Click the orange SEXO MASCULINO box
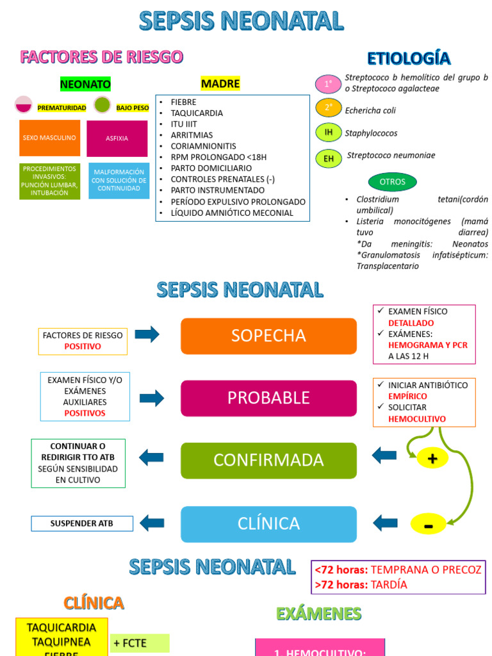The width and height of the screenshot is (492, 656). (49, 138)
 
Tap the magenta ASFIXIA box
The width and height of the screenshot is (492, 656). (117, 138)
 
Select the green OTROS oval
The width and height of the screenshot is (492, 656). (392, 182)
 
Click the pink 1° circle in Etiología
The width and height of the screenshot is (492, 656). (328, 84)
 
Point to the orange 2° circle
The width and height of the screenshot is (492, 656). (328, 108)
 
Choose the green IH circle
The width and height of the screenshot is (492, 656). (328, 133)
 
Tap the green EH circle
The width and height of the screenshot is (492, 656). (328, 158)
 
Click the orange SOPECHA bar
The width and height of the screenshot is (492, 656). (268, 336)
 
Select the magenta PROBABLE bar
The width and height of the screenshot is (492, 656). (268, 398)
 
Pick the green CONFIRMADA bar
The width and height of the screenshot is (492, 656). (268, 460)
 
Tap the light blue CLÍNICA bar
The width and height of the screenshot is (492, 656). (268, 523)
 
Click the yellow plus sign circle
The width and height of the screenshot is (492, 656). (432, 459)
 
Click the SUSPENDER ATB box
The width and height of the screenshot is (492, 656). (82, 523)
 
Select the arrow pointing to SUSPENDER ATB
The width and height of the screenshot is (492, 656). (152, 523)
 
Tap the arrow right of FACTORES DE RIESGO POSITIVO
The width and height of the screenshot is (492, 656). (147, 334)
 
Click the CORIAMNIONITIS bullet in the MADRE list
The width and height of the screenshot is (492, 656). (203, 146)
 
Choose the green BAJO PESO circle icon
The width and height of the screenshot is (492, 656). (102, 104)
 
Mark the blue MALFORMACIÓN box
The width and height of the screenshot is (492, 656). (119, 181)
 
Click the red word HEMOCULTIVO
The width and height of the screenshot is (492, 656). (417, 419)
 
